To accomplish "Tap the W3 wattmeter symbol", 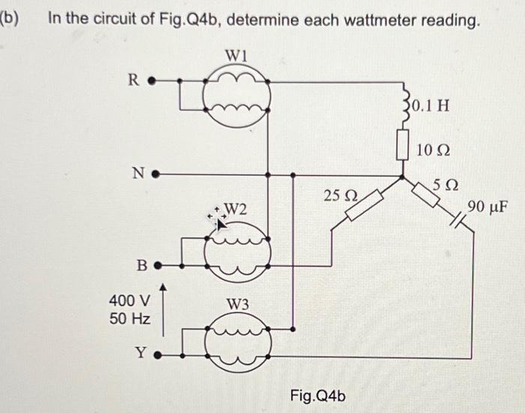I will coord(236,342).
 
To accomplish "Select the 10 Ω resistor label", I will coord(433,151).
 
